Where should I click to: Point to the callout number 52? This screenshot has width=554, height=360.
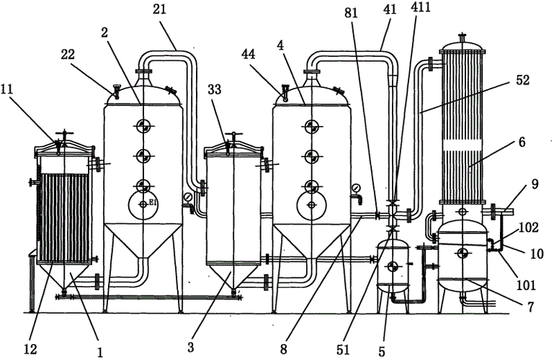pyautogui.click(x=522, y=80)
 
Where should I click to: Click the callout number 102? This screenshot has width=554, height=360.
pyautogui.click(x=530, y=228)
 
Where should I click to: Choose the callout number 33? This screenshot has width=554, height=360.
pyautogui.click(x=215, y=90)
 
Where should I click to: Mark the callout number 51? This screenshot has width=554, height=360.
pyautogui.click(x=343, y=349)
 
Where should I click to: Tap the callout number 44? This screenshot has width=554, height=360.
pyautogui.click(x=250, y=55)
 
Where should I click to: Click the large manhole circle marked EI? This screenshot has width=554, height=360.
pyautogui.click(x=143, y=204)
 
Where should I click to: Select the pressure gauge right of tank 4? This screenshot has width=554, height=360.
pyautogui.click(x=354, y=188)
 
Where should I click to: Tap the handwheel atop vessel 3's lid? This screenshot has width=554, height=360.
pyautogui.click(x=233, y=135)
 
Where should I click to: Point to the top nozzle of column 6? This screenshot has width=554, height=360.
pyautogui.click(x=462, y=37)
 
